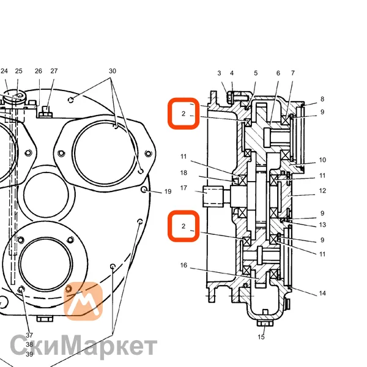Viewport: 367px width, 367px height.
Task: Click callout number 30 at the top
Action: point(113,71)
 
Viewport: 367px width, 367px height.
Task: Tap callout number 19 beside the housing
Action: point(168,191)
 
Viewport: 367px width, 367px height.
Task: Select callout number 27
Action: point(54,71)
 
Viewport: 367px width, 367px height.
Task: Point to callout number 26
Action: point(39,71)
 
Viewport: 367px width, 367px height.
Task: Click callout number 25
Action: point(19,71)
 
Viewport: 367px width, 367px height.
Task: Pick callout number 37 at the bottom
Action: point(29,335)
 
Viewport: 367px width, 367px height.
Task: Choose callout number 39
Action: point(29,354)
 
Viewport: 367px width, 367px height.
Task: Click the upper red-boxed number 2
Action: point(183,114)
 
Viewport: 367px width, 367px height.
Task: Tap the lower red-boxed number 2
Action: point(183,226)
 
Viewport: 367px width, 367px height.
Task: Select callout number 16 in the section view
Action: point(183,265)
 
